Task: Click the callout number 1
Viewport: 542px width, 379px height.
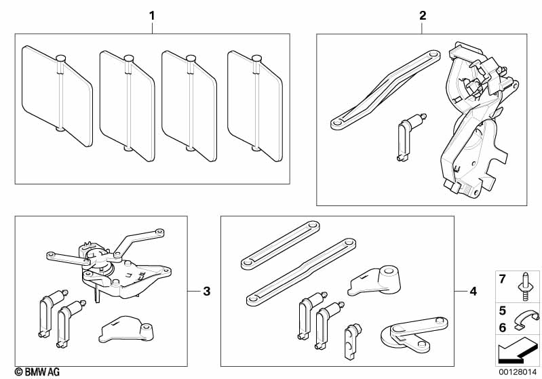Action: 152,14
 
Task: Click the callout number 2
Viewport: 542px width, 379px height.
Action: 423,14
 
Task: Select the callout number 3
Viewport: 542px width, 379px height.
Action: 207,292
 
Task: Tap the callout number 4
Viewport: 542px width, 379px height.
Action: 473,292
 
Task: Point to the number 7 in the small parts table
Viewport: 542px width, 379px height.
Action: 503,279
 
